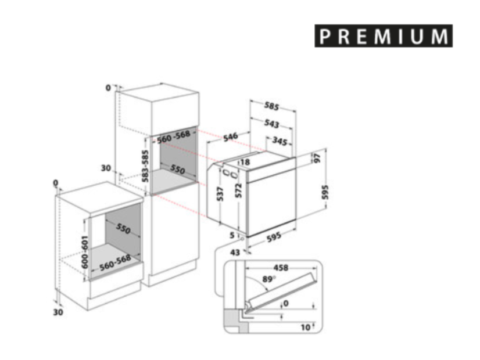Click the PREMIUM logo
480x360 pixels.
pyautogui.click(x=384, y=36)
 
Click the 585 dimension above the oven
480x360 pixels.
pyautogui.click(x=271, y=106)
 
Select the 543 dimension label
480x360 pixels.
pyautogui.click(x=271, y=123)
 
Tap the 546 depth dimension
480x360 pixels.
pyautogui.click(x=231, y=136)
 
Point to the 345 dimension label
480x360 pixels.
pyautogui.click(x=280, y=141)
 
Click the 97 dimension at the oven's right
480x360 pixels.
pyautogui.click(x=317, y=158)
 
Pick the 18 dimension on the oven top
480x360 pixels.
pyautogui.click(x=245, y=162)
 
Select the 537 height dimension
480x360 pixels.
pyautogui.click(x=220, y=194)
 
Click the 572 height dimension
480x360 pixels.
pyautogui.click(x=239, y=190)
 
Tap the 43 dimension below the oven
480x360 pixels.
pyautogui.click(x=235, y=253)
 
